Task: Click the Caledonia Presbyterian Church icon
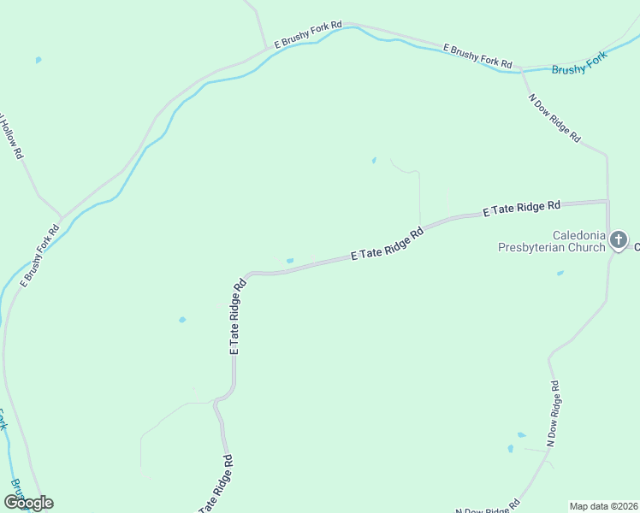(619, 240)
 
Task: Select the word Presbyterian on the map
(540, 248)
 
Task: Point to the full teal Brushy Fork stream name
(578, 63)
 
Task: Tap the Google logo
(28, 503)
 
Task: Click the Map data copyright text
(603, 506)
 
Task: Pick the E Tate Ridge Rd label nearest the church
(521, 208)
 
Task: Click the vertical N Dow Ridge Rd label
(554, 416)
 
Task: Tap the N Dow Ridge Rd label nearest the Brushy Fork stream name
(555, 117)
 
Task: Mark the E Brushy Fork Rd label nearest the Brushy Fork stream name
(477, 56)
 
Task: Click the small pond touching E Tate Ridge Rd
(290, 261)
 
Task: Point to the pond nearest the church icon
(560, 274)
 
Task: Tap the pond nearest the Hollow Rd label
(38, 60)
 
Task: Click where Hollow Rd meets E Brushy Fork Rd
(61, 217)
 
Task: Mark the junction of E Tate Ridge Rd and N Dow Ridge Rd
(607, 202)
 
